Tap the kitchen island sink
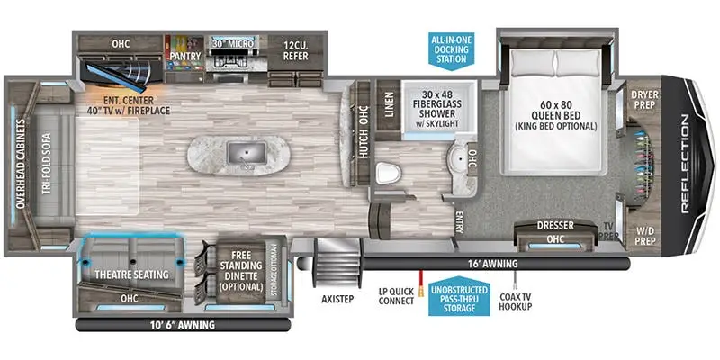pyautogui.click(x=241, y=155)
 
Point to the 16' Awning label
pyautogui.click(x=493, y=263)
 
